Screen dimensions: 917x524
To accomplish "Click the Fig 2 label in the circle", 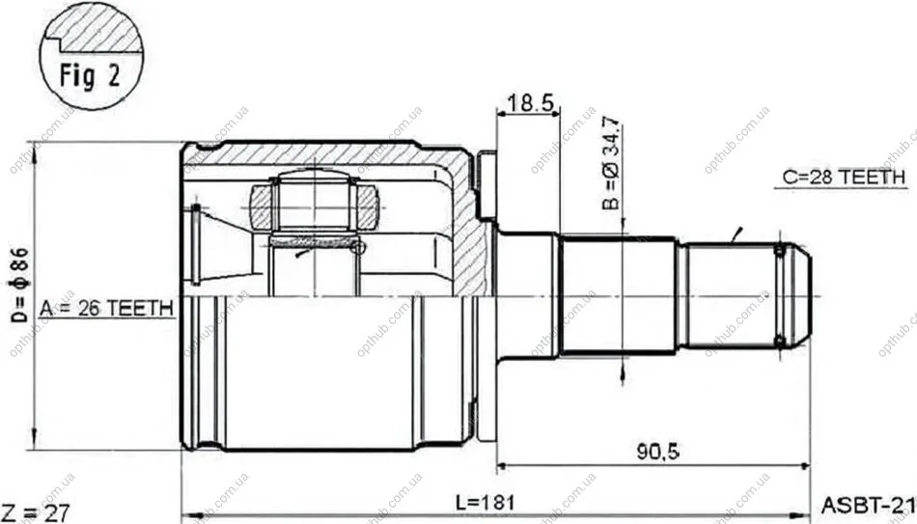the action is [90, 75].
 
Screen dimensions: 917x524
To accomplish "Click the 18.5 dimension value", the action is [530, 103].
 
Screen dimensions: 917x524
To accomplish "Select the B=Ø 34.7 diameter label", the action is [611, 163].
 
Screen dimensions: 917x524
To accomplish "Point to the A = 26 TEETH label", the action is [106, 308].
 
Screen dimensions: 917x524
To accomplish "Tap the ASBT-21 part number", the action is [869, 504].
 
